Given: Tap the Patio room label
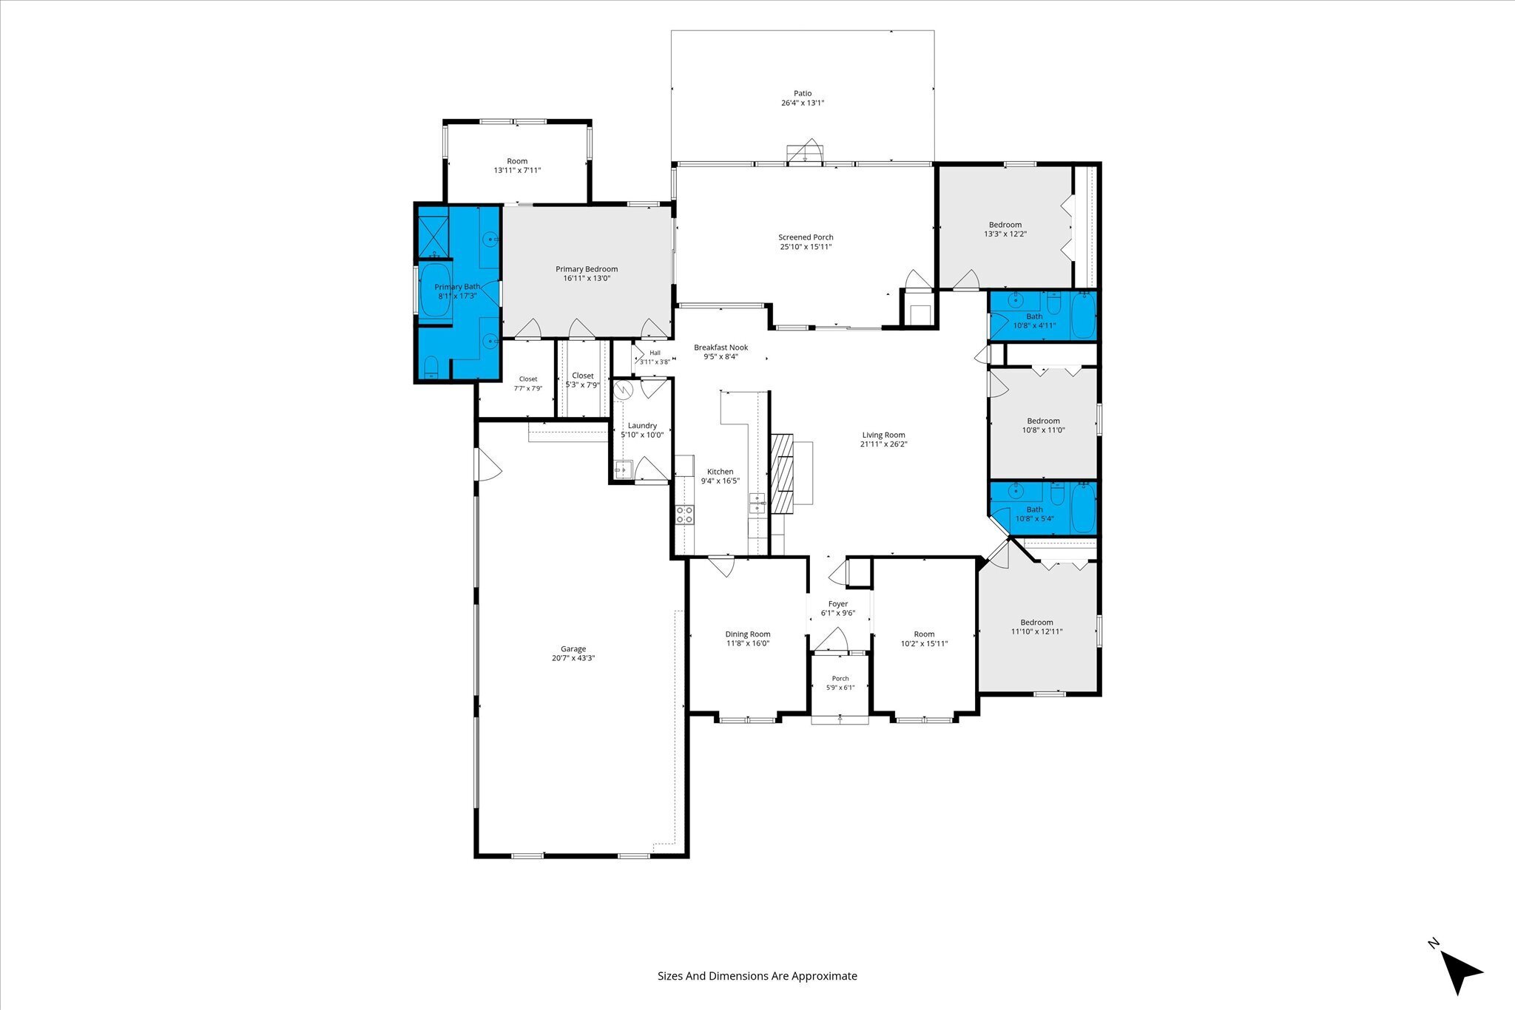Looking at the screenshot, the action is [803, 93].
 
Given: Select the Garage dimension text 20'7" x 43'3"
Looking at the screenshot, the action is [573, 658].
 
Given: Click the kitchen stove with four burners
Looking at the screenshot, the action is [685, 515].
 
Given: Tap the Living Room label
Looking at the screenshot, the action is [883, 435].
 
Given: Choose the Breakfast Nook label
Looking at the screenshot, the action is [721, 348].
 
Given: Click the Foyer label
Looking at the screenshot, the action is [837, 604].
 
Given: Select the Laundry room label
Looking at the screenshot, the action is [642, 425].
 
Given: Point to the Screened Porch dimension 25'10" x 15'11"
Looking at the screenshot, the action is [806, 247].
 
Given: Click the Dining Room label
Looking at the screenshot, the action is [748, 634].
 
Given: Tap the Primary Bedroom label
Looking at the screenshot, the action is [587, 269].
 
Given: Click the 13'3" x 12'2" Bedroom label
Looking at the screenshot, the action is [1005, 225].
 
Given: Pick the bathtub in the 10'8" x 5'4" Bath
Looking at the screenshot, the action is [1083, 507].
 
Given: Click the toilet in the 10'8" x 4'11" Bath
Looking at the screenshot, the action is [1055, 304].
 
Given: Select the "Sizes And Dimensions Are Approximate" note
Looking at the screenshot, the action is [757, 976].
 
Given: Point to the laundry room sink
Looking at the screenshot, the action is [623, 469].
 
